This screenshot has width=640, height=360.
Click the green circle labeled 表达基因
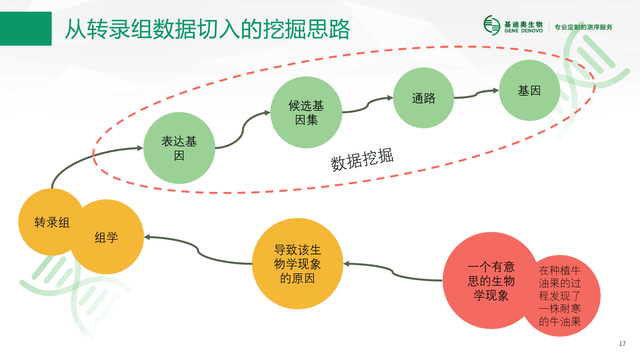179,148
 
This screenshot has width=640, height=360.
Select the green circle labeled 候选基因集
306,112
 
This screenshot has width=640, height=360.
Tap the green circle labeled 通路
424,98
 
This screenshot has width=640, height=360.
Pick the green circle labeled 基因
529,90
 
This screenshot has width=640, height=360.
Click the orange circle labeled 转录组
47,222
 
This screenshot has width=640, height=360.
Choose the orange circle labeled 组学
110,237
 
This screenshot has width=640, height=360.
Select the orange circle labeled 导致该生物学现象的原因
298,264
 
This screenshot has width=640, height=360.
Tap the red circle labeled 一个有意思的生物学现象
487,281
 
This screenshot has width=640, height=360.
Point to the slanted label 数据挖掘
362,159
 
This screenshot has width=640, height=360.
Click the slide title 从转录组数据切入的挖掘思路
207,29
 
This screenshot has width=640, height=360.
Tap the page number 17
622,344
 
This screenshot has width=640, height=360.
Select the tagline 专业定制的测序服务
583,27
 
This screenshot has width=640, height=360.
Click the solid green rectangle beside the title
26,29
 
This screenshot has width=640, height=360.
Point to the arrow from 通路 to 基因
477,94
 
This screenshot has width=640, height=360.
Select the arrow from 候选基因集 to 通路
368,105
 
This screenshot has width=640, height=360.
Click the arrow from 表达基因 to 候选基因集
243,130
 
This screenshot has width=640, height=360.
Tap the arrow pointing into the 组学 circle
198,250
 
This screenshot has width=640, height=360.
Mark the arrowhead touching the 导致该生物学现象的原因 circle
346,264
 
